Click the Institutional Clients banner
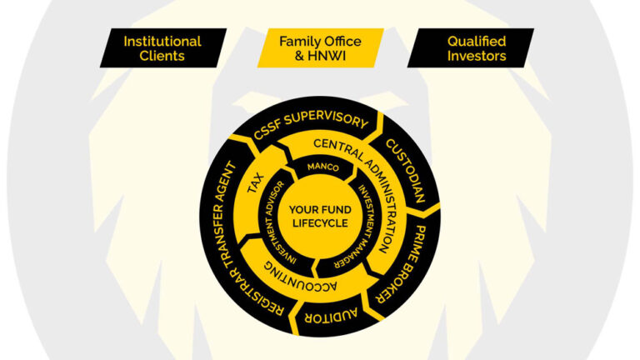(162, 48)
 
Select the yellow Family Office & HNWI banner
(319, 48)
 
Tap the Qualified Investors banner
(476, 48)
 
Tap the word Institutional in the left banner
(162, 41)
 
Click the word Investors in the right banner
(476, 57)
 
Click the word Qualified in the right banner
(476, 41)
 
